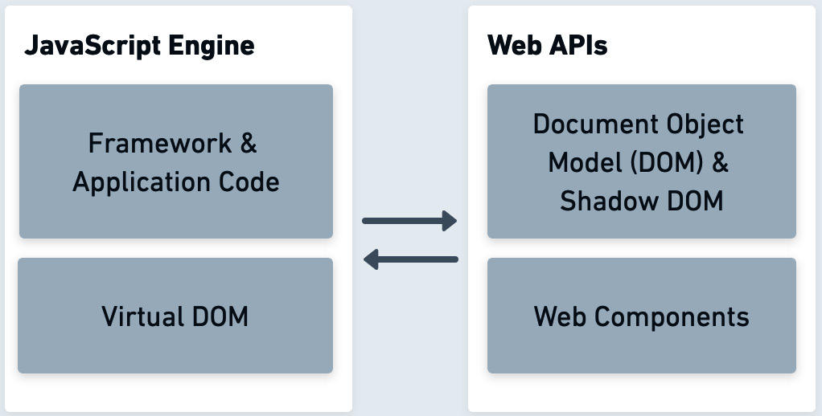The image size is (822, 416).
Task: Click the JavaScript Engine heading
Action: tap(139, 46)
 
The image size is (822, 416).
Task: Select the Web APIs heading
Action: tap(547, 46)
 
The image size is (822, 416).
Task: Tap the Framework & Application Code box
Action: tap(176, 161)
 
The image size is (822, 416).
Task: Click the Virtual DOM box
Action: tap(175, 316)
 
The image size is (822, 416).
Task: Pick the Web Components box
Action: tap(641, 316)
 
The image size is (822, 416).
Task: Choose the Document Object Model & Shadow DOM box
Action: tap(641, 161)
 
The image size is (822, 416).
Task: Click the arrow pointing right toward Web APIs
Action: tap(409, 221)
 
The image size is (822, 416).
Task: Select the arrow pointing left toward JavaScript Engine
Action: tap(410, 259)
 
